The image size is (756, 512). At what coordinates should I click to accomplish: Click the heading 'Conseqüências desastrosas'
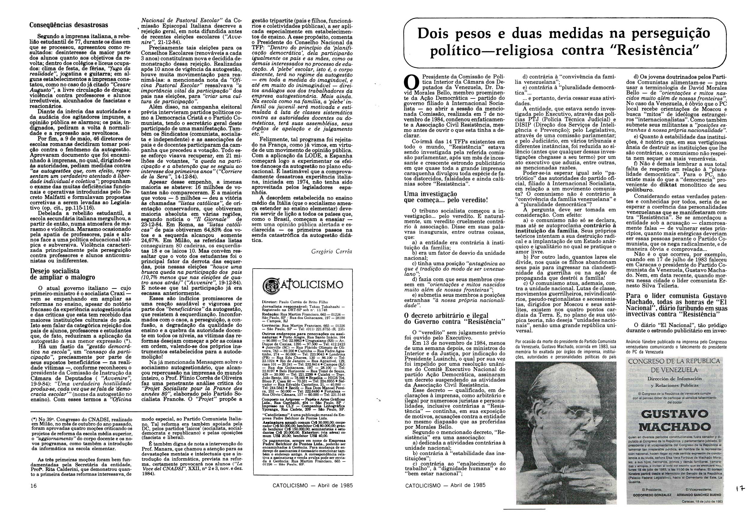[69, 25]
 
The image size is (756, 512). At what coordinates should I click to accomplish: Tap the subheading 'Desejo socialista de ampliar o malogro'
[62, 274]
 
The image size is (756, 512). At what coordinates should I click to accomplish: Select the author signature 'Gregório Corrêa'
[332, 251]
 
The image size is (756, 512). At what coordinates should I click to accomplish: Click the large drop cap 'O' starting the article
[411, 83]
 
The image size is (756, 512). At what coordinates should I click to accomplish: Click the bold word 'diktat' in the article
[674, 185]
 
